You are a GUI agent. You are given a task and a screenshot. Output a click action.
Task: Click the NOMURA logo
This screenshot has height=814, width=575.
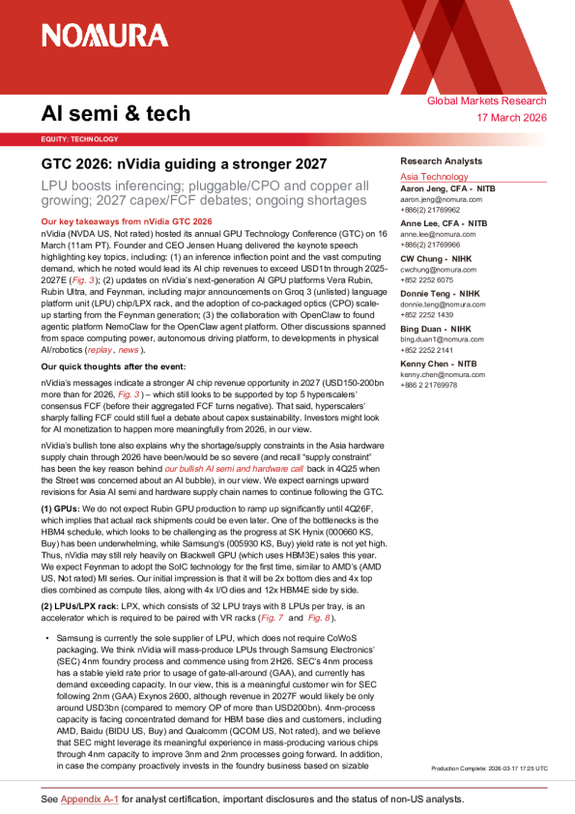coord(104,36)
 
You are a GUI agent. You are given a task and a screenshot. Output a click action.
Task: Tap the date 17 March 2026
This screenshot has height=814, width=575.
coord(512,118)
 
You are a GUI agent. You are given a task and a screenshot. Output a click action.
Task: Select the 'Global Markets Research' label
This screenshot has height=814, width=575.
coord(487,102)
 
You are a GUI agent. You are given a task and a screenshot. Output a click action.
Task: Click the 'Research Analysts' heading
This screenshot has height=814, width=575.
coord(442,161)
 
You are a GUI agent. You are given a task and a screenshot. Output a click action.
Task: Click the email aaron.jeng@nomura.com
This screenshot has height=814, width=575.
coord(443,199)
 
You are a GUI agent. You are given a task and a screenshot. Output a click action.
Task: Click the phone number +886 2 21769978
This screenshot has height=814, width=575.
coord(432,384)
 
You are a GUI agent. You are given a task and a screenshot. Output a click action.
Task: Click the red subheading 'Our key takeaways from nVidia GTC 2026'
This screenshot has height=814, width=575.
coord(126,221)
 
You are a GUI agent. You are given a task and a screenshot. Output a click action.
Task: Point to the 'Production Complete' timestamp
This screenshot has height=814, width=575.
coord(489,768)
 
